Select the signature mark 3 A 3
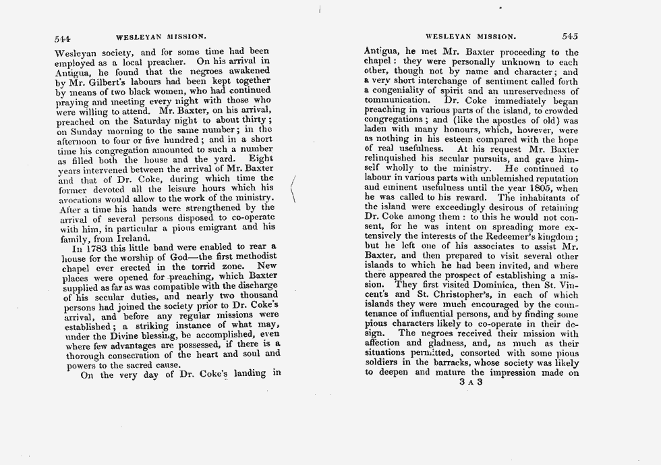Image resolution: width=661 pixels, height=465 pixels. click(x=470, y=382)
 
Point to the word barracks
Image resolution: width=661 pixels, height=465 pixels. click(x=456, y=362)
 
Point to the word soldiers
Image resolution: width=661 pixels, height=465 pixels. click(x=382, y=362)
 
